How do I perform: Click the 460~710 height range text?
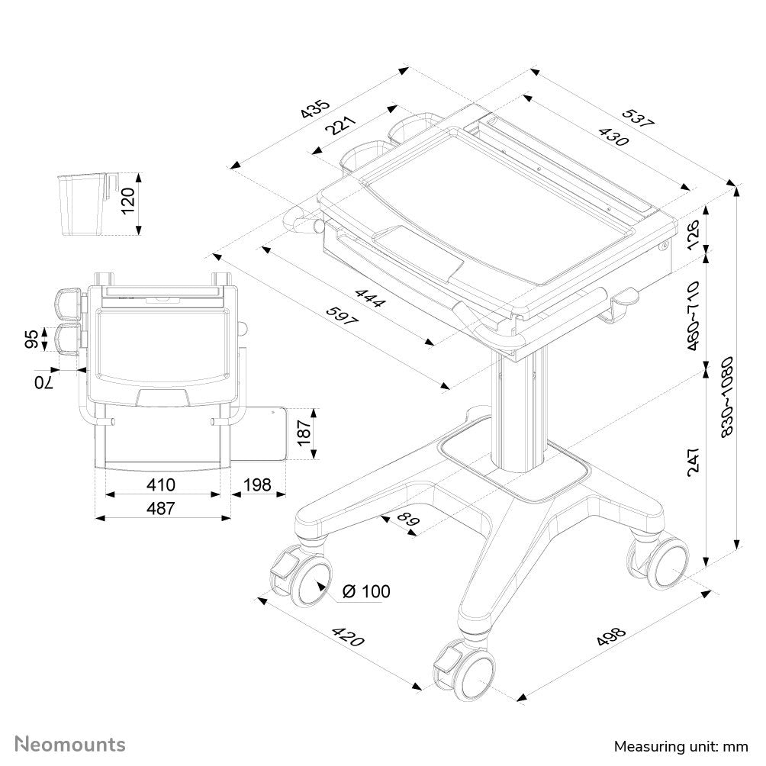click(x=692, y=316)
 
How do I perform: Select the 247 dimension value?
click(x=693, y=461)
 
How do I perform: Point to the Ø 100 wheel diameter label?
click(x=366, y=591)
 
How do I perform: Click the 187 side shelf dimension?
click(x=304, y=433)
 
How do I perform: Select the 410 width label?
click(x=161, y=484)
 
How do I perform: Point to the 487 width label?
click(x=161, y=507)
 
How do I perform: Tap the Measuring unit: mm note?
click(x=681, y=745)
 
